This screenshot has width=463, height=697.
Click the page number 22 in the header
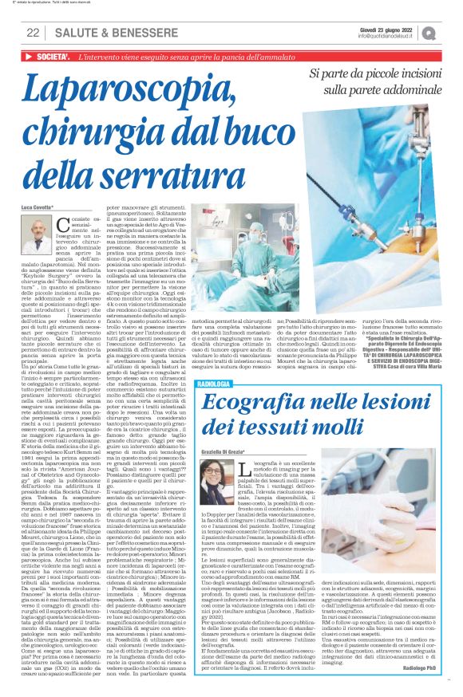coord(33,33)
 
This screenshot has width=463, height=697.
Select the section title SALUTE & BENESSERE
coord(99,33)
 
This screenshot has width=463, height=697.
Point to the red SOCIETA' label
coord(49,57)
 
